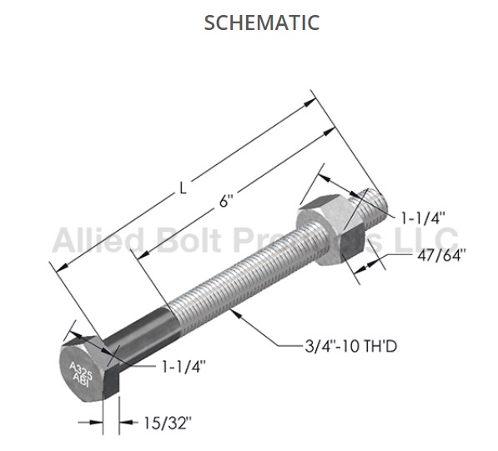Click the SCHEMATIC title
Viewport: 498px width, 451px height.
261,23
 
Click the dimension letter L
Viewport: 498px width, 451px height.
183,188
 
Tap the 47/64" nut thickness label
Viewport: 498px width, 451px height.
441,255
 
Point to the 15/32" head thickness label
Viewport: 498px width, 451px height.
168,423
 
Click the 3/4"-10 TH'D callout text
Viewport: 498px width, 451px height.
351,346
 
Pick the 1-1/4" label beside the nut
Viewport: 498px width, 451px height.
423,218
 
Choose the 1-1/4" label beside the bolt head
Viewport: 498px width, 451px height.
184,367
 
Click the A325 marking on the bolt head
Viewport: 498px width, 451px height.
81,370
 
